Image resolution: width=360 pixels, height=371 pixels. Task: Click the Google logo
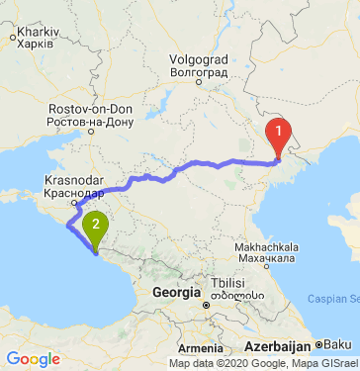pyautogui.click(x=33, y=359)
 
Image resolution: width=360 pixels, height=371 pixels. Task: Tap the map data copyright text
pyautogui.click(x=263, y=363)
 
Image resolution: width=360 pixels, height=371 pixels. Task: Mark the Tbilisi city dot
pyautogui.click(x=206, y=305)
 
